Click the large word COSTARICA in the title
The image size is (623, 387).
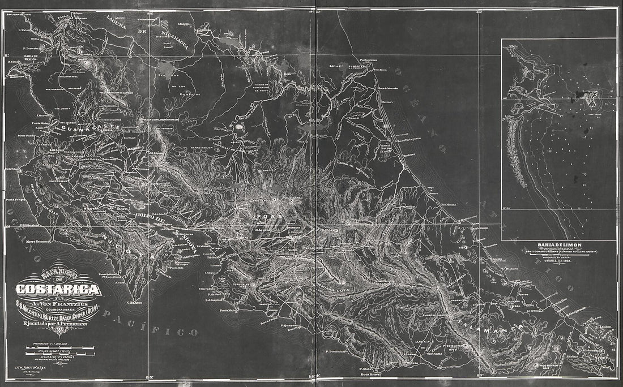pos(58,290)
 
